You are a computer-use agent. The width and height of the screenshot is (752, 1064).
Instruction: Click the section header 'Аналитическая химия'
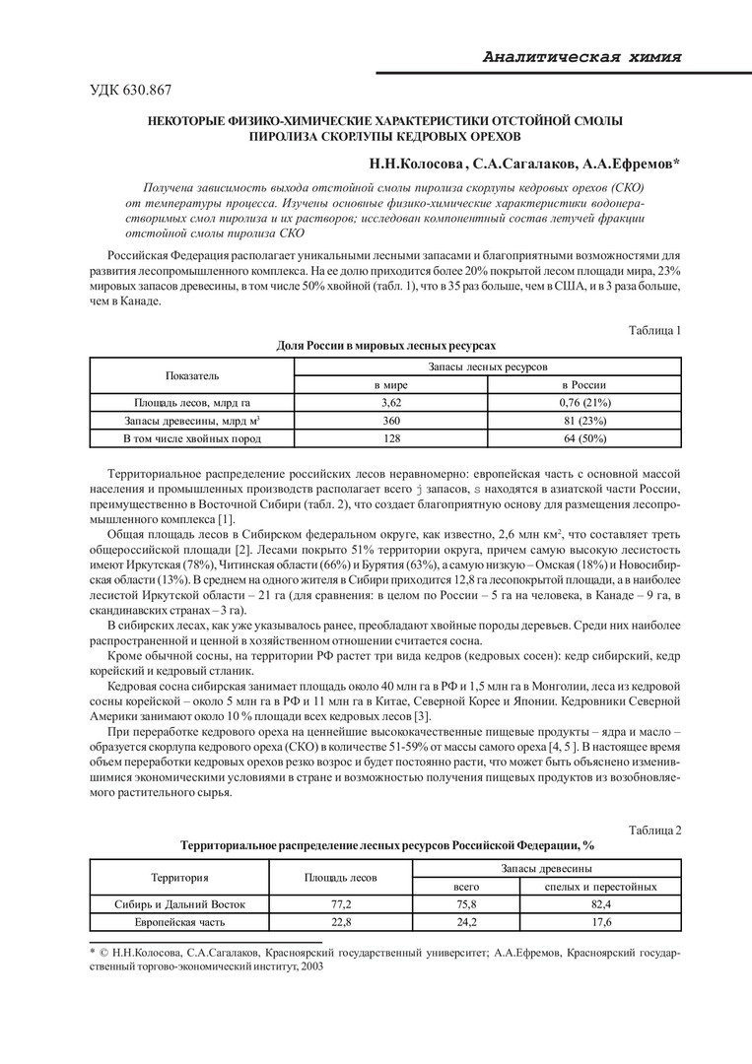point(582,57)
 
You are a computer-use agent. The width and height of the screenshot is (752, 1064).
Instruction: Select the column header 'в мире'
point(389,384)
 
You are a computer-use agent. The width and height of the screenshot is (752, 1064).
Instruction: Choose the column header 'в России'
point(583,384)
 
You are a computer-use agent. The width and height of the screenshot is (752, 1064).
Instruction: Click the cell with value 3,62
point(389,402)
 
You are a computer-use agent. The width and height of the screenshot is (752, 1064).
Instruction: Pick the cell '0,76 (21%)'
point(583,402)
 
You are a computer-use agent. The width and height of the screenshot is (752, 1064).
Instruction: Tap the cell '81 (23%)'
point(583,420)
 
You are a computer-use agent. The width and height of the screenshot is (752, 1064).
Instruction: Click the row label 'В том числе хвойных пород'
point(192,437)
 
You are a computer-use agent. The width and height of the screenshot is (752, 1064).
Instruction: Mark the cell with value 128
point(389,437)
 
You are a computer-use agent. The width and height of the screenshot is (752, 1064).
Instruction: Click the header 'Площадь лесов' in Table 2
point(338,876)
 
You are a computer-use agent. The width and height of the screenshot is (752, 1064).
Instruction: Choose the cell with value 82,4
point(601,903)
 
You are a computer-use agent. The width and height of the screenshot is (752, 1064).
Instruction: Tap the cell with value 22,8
point(338,921)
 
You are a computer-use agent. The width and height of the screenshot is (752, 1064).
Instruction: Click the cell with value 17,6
point(601,921)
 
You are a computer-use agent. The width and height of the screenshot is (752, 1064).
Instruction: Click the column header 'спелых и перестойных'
point(601,886)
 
